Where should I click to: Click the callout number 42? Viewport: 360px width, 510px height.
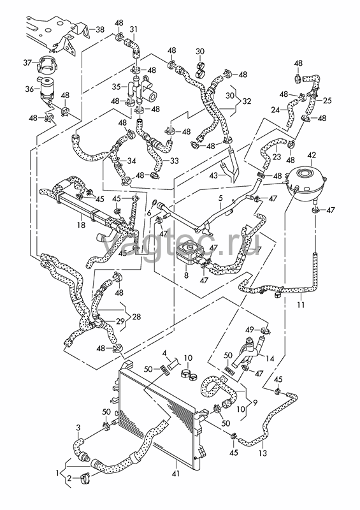click(x=312, y=155)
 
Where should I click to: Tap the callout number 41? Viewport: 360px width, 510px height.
click(x=176, y=474)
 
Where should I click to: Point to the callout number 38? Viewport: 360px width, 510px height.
click(x=100, y=29)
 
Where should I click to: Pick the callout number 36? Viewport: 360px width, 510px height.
click(x=29, y=89)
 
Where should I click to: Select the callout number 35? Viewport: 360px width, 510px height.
click(x=117, y=87)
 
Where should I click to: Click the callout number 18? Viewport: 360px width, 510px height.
click(x=81, y=224)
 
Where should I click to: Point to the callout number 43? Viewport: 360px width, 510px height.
click(x=213, y=176)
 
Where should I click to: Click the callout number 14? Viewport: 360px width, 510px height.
click(x=270, y=358)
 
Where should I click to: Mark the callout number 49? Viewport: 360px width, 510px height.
click(x=250, y=330)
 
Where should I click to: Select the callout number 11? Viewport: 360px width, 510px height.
click(x=301, y=305)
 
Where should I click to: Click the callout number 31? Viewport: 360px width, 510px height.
click(x=134, y=29)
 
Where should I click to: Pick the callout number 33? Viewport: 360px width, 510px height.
click(x=175, y=161)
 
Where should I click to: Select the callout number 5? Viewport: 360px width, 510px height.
click(x=220, y=198)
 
